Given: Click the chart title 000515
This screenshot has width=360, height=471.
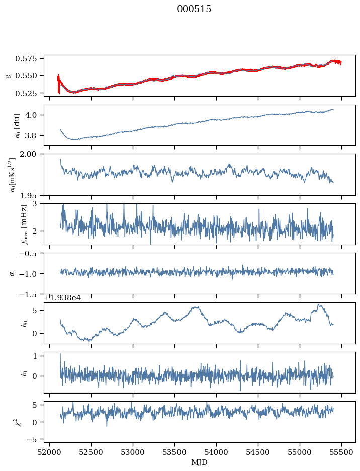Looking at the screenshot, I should tap(194, 9).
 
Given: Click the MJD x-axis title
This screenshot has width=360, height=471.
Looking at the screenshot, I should tap(200, 462).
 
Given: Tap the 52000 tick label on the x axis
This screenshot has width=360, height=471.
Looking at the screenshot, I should tap(49, 452).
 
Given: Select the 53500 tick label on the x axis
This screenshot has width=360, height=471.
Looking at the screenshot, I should tap(175, 452).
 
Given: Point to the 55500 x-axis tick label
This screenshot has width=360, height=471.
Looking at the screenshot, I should tap(342, 452).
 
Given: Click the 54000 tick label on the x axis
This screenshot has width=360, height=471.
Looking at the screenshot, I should tap(217, 452).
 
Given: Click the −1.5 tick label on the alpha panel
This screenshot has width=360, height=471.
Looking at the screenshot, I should tap(31, 294).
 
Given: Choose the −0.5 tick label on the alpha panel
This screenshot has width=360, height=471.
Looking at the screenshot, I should tap(31, 253).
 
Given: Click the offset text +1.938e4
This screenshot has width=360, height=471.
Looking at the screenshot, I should tap(63, 298).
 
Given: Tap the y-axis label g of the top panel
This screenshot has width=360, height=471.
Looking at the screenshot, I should tap(8, 75).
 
